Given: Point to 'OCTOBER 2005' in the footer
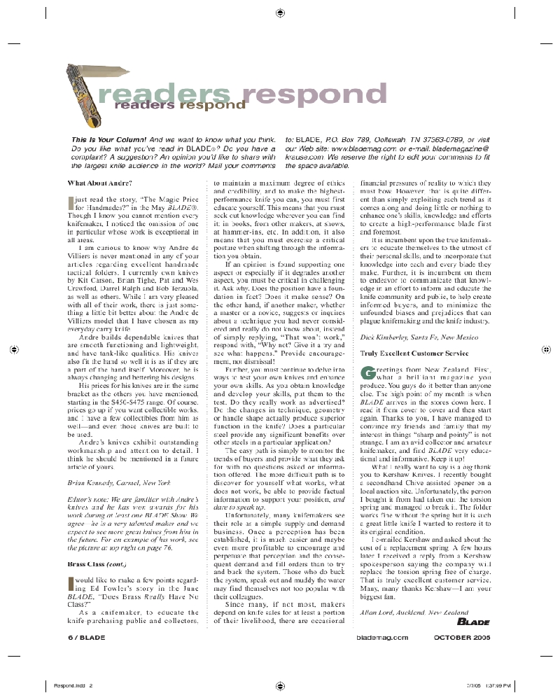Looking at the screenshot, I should (x=462, y=638).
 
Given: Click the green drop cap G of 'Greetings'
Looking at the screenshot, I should (x=365, y=372).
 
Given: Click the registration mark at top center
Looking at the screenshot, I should (x=280, y=13).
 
